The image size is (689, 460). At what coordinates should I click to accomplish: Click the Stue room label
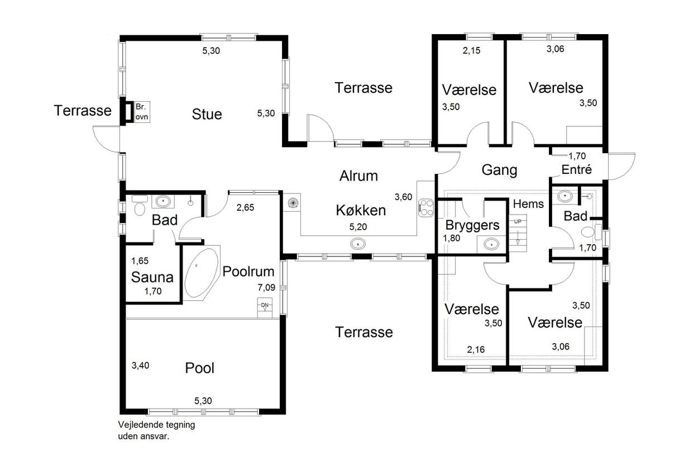coord(207,114)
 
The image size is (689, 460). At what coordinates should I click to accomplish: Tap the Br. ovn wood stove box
coord(142,112)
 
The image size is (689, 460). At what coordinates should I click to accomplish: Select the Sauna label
coord(152,277)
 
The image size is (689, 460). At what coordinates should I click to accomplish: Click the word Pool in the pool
coord(200,368)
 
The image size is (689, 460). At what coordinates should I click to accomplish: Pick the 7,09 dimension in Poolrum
coord(266,288)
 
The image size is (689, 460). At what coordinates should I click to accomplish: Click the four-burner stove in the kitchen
coord(426,208)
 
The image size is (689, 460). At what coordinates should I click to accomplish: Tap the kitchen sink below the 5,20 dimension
coord(358,244)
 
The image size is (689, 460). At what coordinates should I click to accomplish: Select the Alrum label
coord(358,176)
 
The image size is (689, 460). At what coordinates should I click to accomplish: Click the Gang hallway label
coord(499,170)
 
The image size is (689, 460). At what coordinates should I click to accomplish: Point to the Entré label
coord(576,169)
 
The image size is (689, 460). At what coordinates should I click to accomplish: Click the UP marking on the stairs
coord(518,221)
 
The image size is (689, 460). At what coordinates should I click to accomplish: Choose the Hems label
coord(528,204)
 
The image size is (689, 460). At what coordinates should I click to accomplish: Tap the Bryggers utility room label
coord(472,225)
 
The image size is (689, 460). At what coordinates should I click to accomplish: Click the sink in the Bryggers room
coord(491,244)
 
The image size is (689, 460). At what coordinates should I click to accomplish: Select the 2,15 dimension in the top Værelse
coord(471,50)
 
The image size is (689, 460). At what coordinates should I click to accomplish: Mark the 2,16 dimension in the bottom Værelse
coord(476,349)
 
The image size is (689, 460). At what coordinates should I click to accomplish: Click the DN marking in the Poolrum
coord(265,305)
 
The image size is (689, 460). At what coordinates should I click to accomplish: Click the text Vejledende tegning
coord(156,425)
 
